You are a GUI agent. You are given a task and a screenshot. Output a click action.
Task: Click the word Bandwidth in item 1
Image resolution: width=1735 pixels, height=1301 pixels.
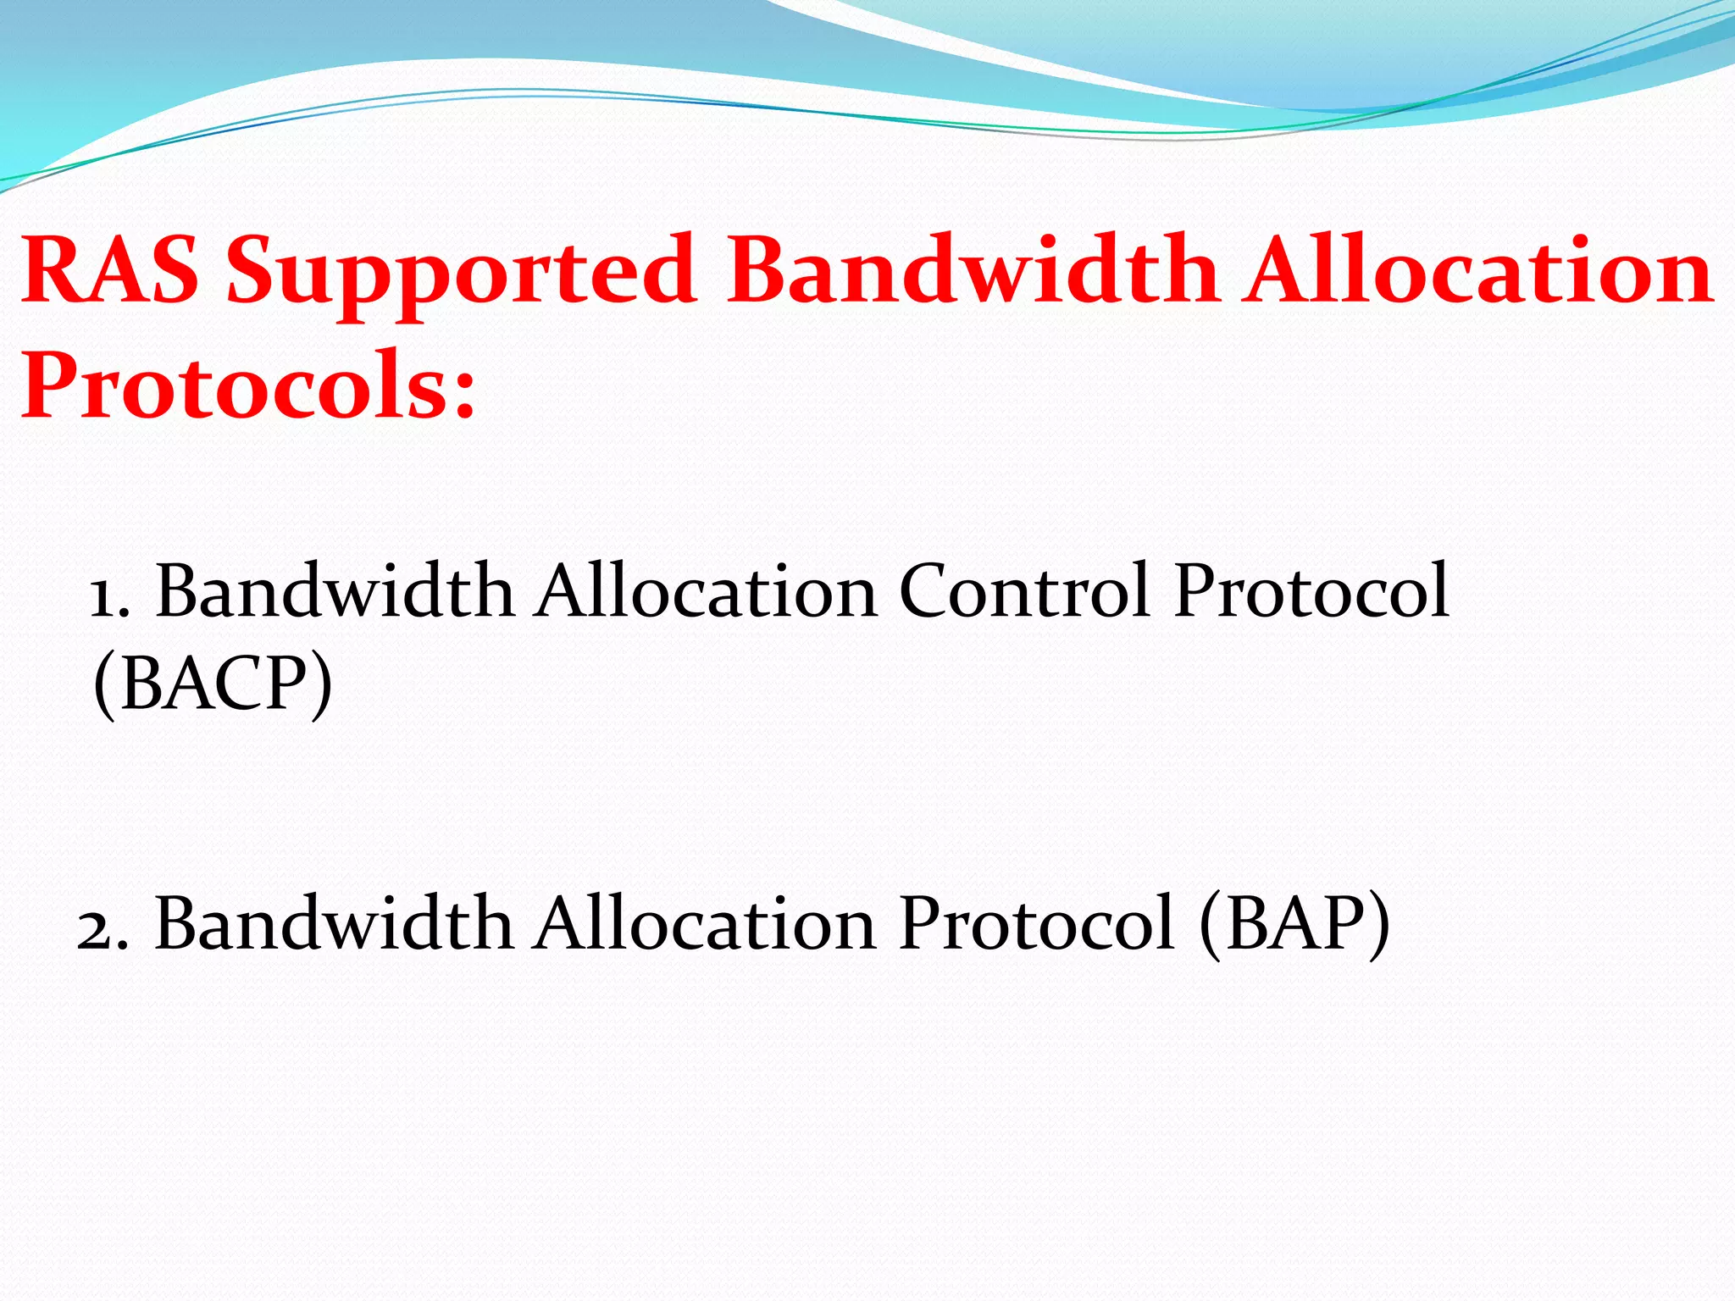pos(335,591)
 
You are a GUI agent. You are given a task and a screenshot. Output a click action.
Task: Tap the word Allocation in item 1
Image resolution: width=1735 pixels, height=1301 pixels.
pos(707,591)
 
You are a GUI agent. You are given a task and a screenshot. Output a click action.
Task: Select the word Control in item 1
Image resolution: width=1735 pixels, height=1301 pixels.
pos(1023,591)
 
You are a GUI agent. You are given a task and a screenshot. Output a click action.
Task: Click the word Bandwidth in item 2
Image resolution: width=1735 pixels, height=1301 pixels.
pos(334,923)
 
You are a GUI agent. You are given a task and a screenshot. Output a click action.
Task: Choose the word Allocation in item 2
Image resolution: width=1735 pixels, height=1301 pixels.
pos(706,923)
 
